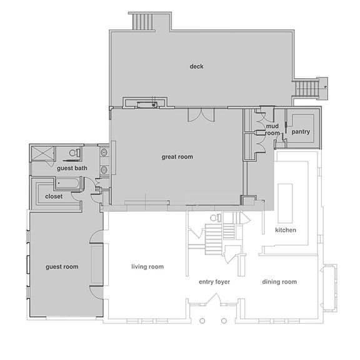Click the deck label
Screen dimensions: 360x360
click(196, 67)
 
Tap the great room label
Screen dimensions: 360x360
click(177, 157)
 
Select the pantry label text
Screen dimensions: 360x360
click(301, 132)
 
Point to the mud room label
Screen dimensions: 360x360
click(272, 129)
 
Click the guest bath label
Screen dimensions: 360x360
click(72, 168)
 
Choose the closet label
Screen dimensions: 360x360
click(54, 196)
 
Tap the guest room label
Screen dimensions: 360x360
click(62, 267)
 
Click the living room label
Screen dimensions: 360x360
click(147, 267)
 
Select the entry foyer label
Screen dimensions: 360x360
click(214, 282)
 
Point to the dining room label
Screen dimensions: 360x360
click(279, 282)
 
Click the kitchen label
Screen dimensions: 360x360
click(286, 230)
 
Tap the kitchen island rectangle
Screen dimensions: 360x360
click(286, 203)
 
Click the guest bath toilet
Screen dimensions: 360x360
click(75, 152)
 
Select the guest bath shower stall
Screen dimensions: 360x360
click(42, 153)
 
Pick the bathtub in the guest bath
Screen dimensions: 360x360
click(67, 184)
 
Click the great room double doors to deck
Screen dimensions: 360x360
click(201, 115)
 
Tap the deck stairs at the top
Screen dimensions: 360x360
click(142, 22)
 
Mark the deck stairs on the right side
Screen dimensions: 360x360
click(307, 88)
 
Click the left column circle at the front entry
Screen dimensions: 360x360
click(202, 321)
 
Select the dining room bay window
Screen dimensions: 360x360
click(330, 288)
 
